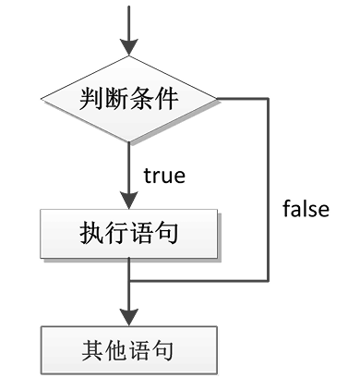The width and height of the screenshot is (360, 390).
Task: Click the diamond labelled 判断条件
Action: pos(129,97)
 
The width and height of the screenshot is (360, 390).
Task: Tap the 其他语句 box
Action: pos(129,351)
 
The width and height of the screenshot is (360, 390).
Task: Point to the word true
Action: pos(165,175)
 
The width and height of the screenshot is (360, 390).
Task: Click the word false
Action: pos(305,209)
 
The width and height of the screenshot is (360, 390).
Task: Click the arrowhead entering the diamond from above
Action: pos(129,48)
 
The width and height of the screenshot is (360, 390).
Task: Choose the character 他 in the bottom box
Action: pos(117,351)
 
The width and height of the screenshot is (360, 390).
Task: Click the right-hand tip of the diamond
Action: pos(218,97)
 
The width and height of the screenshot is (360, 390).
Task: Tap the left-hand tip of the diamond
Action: pos(41,97)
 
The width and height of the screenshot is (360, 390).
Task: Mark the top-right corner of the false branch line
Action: pos(269,97)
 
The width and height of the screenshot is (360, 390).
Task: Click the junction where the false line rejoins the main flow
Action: pos(129,279)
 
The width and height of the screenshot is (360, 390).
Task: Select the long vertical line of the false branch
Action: pos(269,185)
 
